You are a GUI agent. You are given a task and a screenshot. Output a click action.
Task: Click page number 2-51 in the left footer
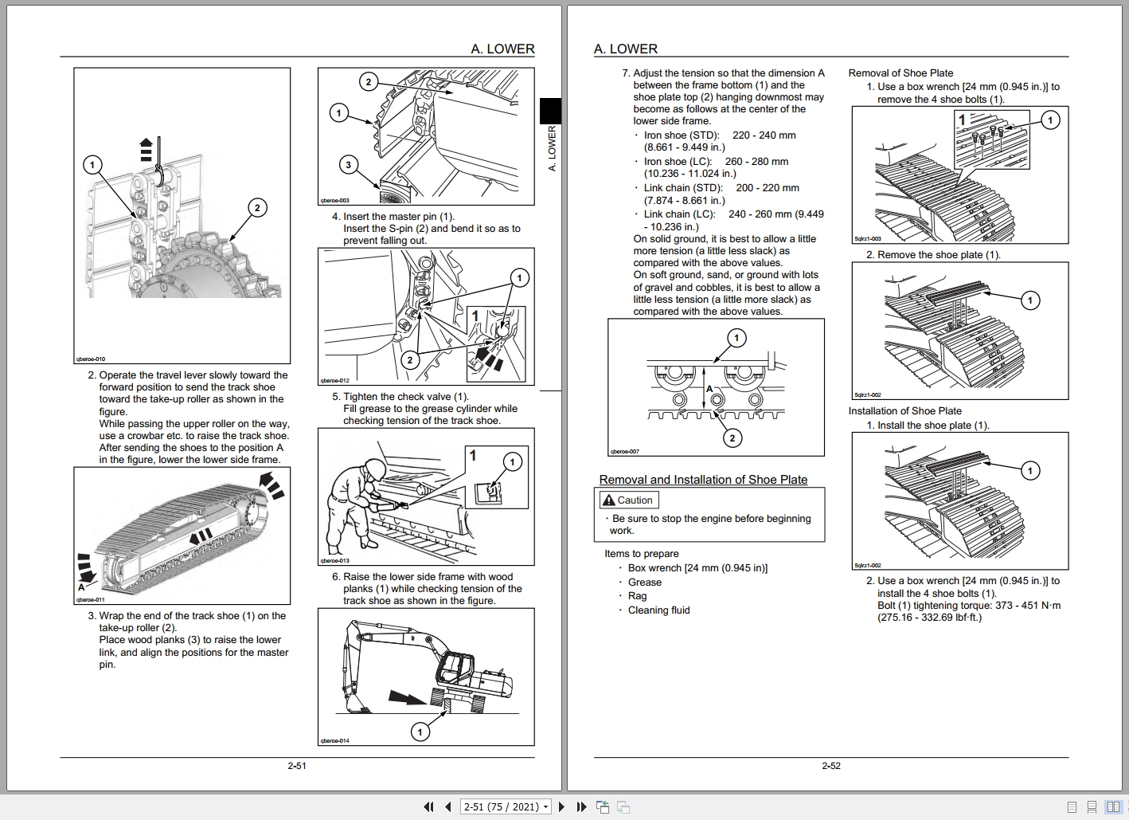[297, 766]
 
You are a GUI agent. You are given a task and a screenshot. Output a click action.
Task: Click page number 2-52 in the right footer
[830, 766]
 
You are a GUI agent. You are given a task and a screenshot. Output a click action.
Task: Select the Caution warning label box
[629, 500]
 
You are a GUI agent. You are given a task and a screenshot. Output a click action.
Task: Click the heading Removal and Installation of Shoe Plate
[703, 480]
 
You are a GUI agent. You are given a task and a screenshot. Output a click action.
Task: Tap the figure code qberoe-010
[90, 359]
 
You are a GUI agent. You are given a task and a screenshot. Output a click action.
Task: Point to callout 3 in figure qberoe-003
[347, 165]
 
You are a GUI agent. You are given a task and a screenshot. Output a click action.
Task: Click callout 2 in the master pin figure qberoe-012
[409, 359]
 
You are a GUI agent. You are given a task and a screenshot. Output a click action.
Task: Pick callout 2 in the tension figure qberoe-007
[732, 437]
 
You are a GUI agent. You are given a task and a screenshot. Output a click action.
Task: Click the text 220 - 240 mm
[764, 135]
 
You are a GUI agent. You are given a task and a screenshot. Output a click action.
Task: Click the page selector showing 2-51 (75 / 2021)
[506, 806]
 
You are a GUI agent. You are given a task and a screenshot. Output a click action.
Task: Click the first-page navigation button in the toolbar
[428, 806]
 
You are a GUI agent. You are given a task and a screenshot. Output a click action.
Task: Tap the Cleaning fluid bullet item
[658, 610]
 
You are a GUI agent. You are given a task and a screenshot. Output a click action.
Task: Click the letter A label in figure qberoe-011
[81, 587]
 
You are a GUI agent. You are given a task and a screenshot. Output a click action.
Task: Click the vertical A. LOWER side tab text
[552, 148]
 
